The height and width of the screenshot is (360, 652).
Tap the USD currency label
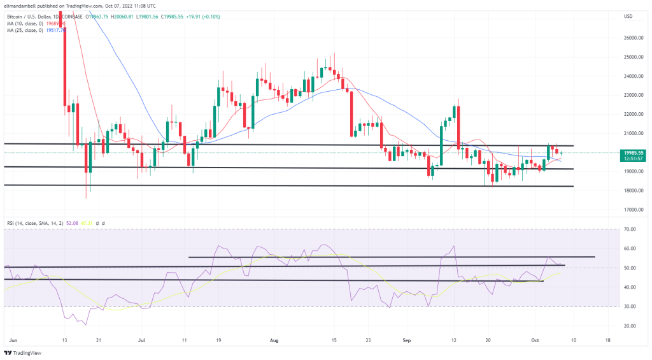(x=628, y=15)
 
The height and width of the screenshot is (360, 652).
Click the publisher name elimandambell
(x=19, y=5)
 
